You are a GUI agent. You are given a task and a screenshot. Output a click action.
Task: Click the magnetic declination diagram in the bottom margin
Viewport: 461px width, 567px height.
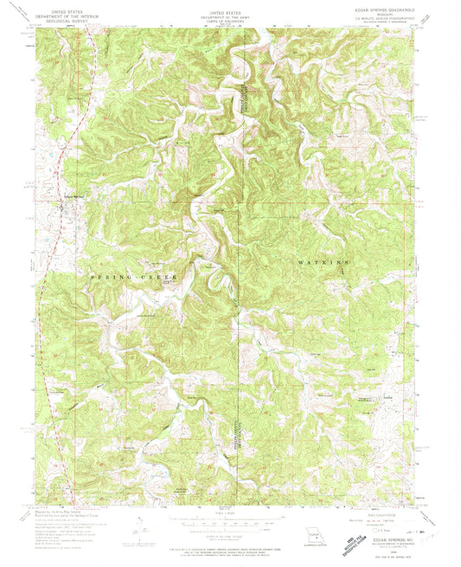click(140, 525)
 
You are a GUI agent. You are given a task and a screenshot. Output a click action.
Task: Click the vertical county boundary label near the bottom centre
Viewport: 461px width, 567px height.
click(234, 433)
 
